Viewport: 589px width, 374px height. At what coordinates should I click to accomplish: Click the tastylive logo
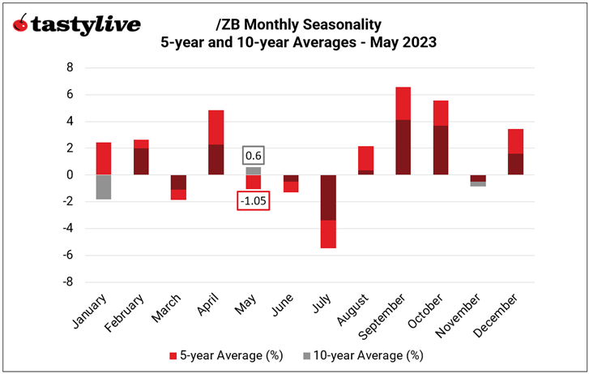77,25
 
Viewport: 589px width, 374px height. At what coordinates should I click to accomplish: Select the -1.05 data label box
253,200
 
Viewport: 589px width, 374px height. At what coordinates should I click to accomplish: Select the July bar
327,211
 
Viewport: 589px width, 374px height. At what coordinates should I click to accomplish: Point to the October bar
440,137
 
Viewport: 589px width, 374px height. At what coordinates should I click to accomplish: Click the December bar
515,152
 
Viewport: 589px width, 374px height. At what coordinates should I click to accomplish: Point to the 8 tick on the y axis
69,68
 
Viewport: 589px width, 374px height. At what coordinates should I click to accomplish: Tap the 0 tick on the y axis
69,175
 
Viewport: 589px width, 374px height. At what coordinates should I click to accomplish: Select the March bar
178,187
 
